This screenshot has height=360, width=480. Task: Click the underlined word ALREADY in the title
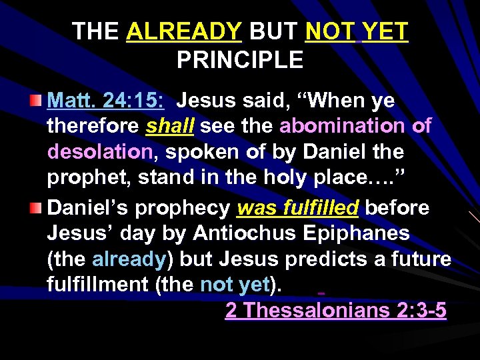point(184,31)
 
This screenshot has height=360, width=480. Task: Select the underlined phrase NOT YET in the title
point(357,31)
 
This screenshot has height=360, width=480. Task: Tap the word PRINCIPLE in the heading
point(240,60)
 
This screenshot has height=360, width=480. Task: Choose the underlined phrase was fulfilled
point(298,208)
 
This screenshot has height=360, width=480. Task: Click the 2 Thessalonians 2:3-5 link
point(335,311)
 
